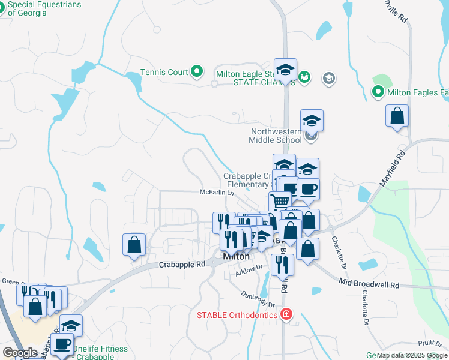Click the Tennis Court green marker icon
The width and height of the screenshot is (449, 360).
[x=197, y=72]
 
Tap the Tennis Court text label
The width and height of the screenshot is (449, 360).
[x=164, y=72]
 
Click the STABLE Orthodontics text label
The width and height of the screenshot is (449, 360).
[x=237, y=315]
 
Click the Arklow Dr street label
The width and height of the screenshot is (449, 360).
[x=249, y=271]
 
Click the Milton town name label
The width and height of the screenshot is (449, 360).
[x=237, y=256]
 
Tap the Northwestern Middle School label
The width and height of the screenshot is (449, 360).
[x=276, y=136]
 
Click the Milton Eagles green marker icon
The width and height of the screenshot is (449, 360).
[x=378, y=92]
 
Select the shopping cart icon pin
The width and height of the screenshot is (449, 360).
[x=279, y=202]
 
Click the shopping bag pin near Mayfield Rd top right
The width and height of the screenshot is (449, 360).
[x=397, y=116]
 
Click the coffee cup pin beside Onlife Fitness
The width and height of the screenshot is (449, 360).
[x=62, y=345]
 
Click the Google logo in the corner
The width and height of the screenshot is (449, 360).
[x=20, y=352]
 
